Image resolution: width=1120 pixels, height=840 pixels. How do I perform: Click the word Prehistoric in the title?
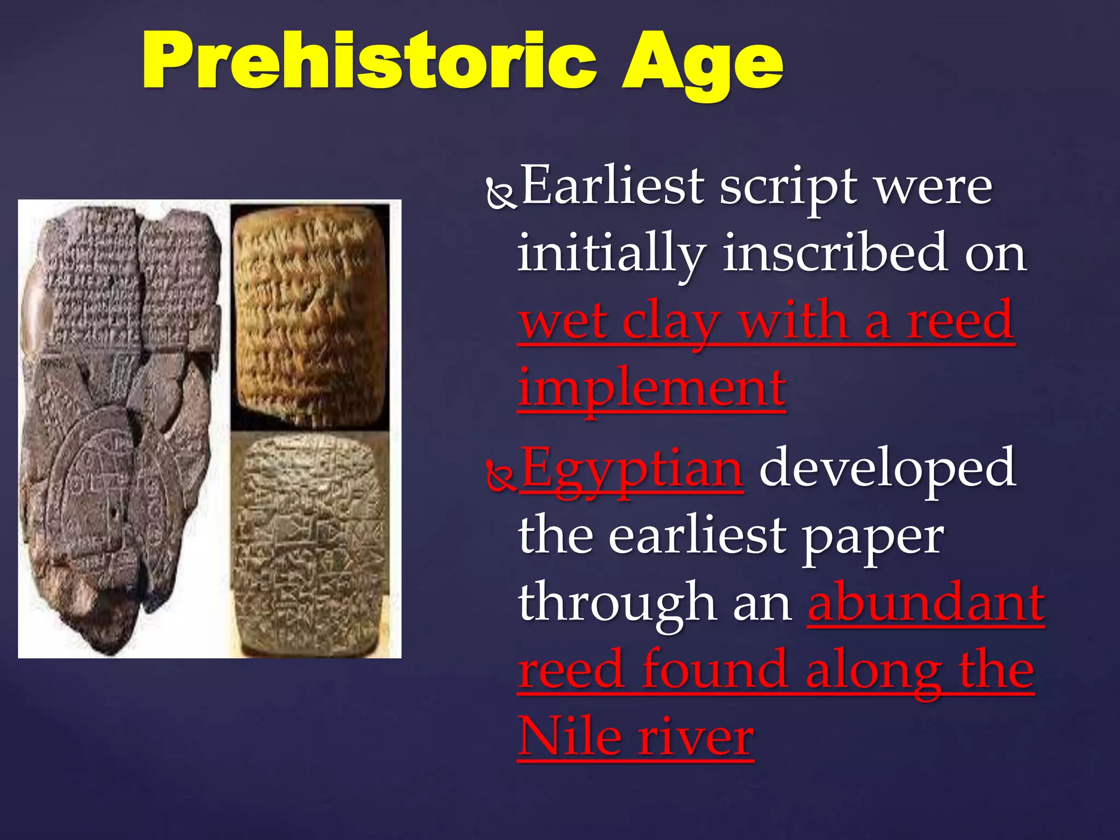[369, 61]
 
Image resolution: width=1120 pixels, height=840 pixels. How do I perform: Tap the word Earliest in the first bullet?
[612, 186]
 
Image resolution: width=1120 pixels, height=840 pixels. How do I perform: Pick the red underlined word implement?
[651, 389]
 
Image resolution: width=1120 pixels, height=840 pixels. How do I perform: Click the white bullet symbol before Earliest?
[500, 195]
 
